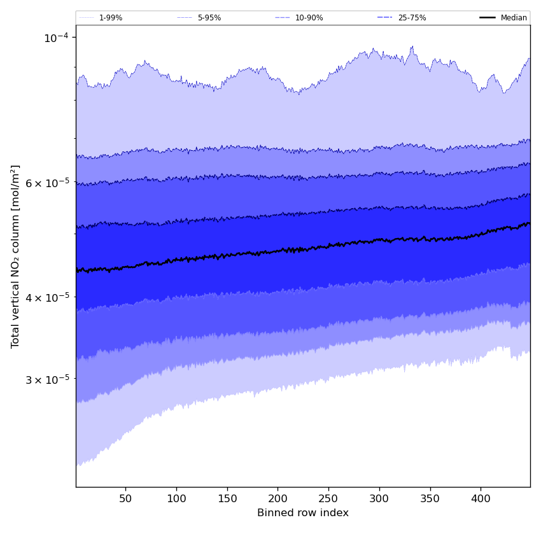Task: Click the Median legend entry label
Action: (x=514, y=18)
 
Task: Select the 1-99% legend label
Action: (x=111, y=18)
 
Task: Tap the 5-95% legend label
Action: (x=209, y=18)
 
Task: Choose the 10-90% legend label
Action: (x=309, y=18)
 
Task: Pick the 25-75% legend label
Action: (x=412, y=18)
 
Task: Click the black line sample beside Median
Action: (x=488, y=18)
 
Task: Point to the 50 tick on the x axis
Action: (x=125, y=498)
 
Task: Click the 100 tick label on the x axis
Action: (x=176, y=498)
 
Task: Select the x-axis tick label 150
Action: (x=227, y=498)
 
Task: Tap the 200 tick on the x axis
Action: (x=278, y=498)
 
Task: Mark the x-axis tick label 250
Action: (x=328, y=498)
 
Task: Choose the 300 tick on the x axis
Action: (x=379, y=498)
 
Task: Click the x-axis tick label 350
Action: (x=430, y=498)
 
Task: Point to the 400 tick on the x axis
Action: (x=481, y=498)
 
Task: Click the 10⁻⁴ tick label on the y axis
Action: (x=55, y=38)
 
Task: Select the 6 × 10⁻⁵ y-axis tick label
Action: (x=48, y=183)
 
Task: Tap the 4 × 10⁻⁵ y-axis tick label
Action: (x=48, y=297)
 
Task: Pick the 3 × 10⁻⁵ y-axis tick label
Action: (x=48, y=379)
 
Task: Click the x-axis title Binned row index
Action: (x=303, y=513)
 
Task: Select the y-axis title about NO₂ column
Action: (x=16, y=256)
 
